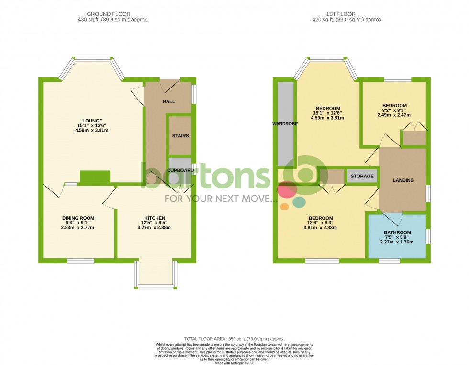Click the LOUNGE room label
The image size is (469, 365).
92,121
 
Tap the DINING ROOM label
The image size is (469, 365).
78,218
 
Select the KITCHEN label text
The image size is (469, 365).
155,218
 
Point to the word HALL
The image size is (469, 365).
169,102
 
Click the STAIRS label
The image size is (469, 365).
180,136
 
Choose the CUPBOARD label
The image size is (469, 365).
180,170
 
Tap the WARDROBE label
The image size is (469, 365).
285,123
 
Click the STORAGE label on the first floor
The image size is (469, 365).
362,177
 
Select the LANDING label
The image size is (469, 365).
403,180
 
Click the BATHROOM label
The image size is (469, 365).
397,233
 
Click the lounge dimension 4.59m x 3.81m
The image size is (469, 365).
92,130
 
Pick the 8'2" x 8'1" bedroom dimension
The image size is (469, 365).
394,111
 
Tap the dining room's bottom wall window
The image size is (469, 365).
80,261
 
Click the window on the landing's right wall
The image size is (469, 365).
428,194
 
